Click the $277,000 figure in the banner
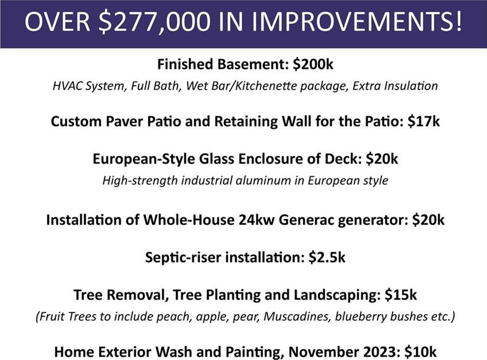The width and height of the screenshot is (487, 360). coord(154,22)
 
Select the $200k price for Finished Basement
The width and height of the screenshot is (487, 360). coord(313,64)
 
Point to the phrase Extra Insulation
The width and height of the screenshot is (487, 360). coord(395,85)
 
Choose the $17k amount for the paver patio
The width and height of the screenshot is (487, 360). coord(424,121)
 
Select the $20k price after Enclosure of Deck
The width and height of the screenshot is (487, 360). coord(382,159)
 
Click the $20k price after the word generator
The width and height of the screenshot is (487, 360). coord(428,220)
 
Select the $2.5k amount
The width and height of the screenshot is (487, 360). coord(327,258)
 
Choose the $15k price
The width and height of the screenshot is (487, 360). coord(401,295)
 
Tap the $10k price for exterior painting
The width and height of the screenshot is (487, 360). coord(421,352)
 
